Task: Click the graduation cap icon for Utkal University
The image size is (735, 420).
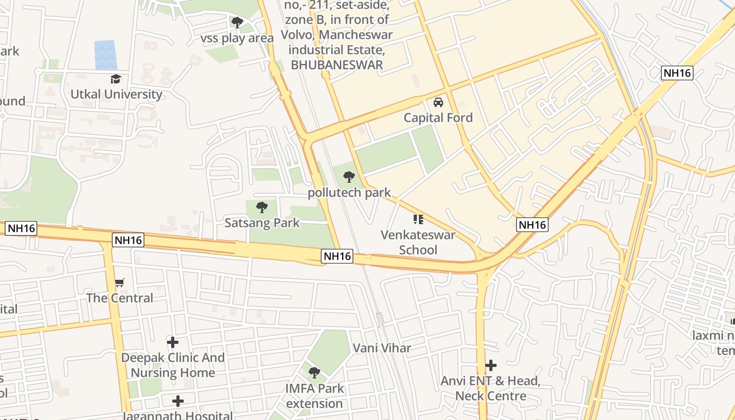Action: click(x=115, y=79)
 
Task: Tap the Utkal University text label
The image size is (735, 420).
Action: click(x=117, y=94)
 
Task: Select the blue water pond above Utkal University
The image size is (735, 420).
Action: click(x=106, y=55)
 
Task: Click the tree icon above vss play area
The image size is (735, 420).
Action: click(x=237, y=22)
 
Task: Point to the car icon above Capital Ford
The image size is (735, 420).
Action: click(x=438, y=102)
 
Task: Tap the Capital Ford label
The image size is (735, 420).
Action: click(x=438, y=118)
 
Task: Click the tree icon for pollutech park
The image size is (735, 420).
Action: click(x=349, y=177)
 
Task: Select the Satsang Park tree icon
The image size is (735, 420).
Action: click(x=261, y=207)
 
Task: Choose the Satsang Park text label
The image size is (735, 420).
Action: click(x=262, y=223)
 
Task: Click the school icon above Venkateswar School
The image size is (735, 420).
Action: click(x=418, y=219)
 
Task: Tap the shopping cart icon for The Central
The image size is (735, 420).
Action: click(x=120, y=283)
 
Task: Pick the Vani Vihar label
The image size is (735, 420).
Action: click(x=382, y=348)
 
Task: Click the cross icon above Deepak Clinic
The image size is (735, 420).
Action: click(x=173, y=342)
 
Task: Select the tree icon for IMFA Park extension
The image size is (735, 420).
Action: click(x=314, y=373)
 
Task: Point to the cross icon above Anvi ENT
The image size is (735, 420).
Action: click(x=491, y=365)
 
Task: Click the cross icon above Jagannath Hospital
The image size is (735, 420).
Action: click(x=178, y=401)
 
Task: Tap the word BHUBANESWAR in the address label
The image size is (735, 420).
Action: click(x=337, y=65)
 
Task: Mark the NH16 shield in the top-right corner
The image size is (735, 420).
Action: click(x=677, y=73)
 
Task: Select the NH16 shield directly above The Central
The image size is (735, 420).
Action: click(x=128, y=240)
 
